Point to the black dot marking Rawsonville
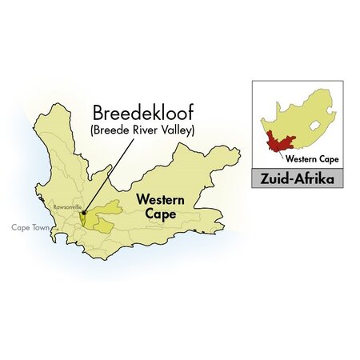tap(82, 214)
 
